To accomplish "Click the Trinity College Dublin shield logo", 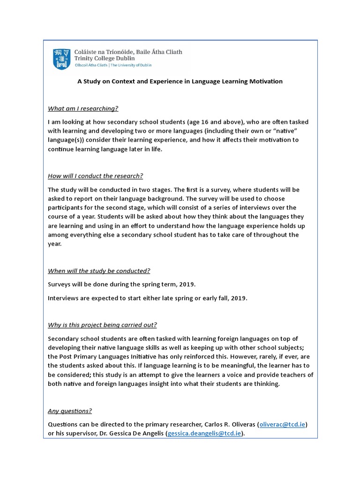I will coord(63,59).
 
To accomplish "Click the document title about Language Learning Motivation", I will coord(180,81).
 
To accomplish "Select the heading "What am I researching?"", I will coord(83,109).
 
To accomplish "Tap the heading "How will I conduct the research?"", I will coord(95,176).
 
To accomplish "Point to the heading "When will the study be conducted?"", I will coord(99,271).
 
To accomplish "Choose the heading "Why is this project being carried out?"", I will coord(102,325).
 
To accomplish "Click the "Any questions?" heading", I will coord(70,411).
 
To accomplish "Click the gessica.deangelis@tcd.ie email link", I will coord(205,434).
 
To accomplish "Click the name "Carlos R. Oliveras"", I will coord(225,424).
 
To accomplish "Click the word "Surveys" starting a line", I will coord(60,284).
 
